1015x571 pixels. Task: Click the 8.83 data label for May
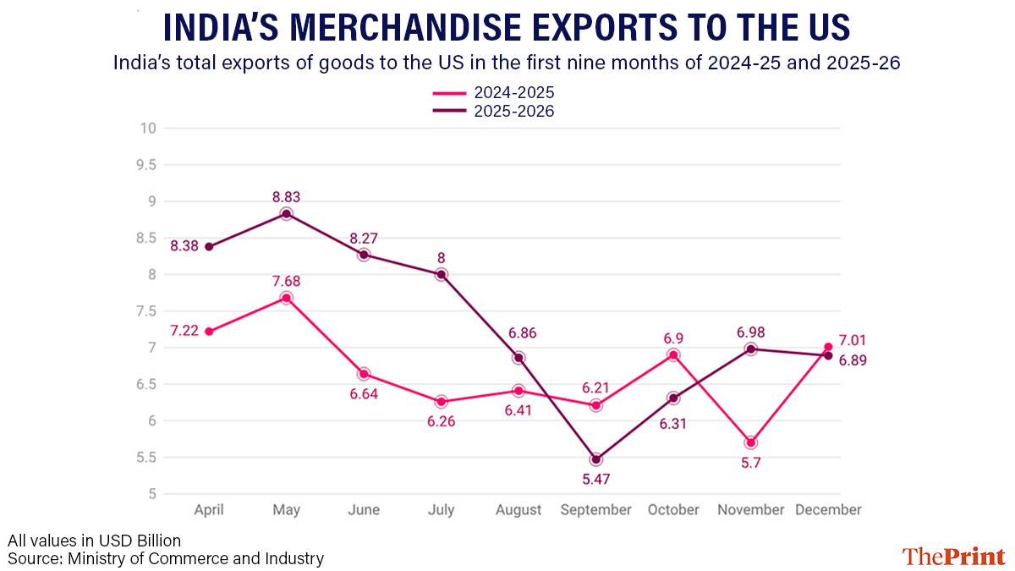(286, 197)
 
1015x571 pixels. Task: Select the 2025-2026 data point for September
(596, 459)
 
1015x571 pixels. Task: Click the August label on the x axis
(518, 510)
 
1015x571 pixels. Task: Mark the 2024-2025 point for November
(751, 442)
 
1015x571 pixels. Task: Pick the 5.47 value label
(596, 479)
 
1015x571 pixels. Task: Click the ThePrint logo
(953, 556)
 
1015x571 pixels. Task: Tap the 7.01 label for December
(852, 341)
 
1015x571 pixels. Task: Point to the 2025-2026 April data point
(208, 247)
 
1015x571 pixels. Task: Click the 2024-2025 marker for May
(286, 298)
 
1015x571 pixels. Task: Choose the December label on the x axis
(828, 510)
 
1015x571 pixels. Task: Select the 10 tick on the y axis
(149, 129)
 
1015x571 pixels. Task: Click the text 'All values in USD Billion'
(95, 540)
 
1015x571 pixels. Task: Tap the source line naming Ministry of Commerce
(166, 558)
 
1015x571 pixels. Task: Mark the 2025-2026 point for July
(441, 275)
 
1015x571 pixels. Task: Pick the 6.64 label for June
(364, 394)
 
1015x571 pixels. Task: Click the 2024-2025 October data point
(673, 355)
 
